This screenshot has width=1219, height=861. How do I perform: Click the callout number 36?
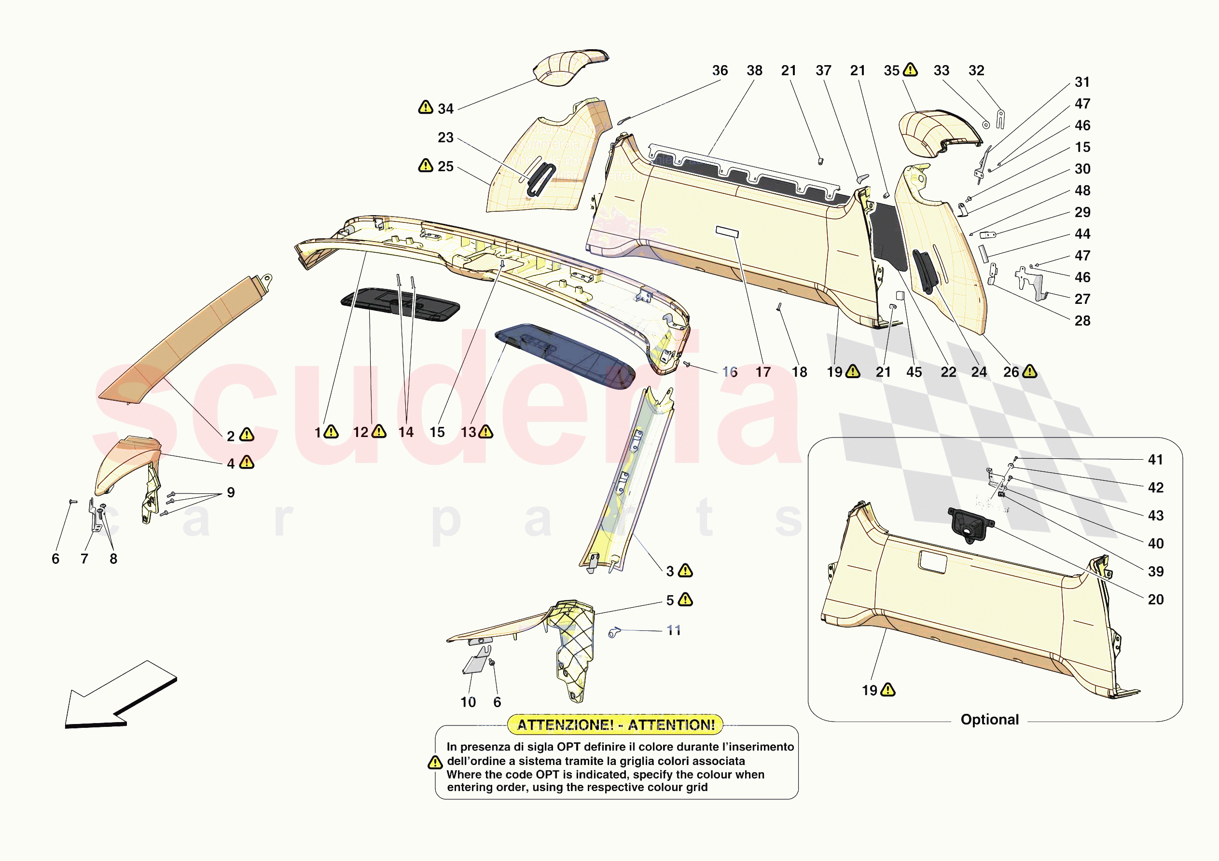click(x=720, y=70)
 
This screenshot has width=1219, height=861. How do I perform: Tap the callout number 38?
click(x=754, y=70)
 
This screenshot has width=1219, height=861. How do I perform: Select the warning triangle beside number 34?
click(x=425, y=107)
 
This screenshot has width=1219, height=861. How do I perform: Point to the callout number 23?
click(x=445, y=138)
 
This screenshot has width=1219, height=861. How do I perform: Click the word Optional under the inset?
click(x=989, y=720)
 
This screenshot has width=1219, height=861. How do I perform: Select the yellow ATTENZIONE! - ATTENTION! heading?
click(x=615, y=725)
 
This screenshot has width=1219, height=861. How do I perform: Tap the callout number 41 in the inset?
click(x=1155, y=460)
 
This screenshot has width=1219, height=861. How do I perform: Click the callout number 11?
click(x=673, y=630)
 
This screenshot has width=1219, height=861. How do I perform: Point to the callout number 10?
click(x=468, y=702)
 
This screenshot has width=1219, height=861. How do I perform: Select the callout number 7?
click(x=84, y=559)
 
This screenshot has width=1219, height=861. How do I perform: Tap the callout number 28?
click(x=1082, y=321)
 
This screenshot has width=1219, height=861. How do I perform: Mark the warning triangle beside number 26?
click(x=1029, y=371)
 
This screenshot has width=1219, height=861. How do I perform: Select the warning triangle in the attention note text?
click(x=435, y=763)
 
